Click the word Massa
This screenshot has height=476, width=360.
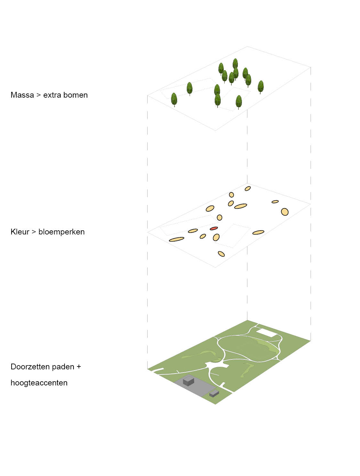[x=22, y=95]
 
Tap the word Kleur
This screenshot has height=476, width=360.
[x=20, y=232]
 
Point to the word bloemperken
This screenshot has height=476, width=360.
[x=61, y=232]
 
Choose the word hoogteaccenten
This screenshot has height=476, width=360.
[x=39, y=383]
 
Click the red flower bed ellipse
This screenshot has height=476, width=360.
[x=214, y=228]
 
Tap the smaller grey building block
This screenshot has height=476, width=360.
[x=214, y=393]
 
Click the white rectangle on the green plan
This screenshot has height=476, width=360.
[x=266, y=333]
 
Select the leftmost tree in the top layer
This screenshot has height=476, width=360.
[x=174, y=100]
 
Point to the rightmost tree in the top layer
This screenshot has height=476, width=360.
[x=261, y=87]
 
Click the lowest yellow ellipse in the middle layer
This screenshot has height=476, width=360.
[x=221, y=254]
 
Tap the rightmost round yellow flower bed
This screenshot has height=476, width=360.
[x=285, y=212]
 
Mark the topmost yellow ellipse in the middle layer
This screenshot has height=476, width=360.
[x=248, y=189]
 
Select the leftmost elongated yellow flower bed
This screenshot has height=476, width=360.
[x=176, y=239]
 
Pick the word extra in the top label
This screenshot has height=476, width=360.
[x=52, y=95]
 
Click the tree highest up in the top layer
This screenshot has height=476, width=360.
[x=235, y=64]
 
